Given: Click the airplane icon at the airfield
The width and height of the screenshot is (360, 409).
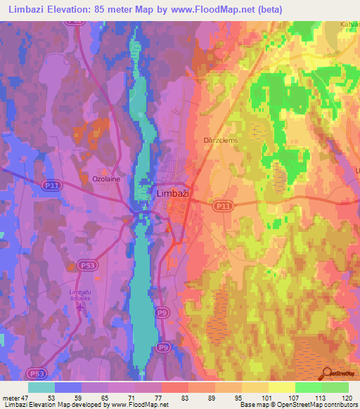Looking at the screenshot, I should (x=86, y=310).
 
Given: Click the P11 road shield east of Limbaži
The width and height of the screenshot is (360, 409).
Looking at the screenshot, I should (x=222, y=205).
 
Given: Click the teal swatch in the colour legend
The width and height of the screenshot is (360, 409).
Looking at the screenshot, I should (x=41, y=387).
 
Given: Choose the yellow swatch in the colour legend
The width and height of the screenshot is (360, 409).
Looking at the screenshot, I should (x=281, y=387).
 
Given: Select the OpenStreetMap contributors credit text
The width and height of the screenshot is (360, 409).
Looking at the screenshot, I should (x=318, y=405).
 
